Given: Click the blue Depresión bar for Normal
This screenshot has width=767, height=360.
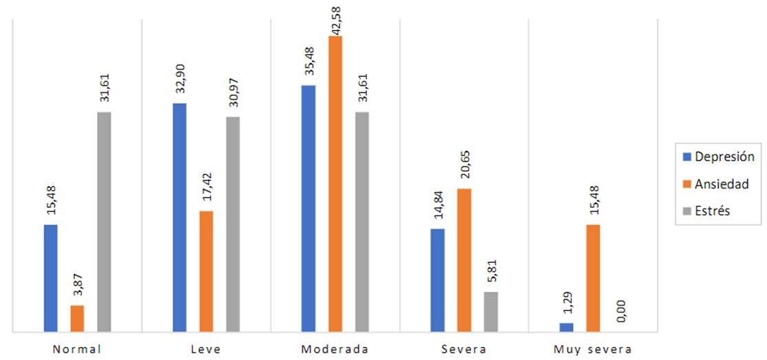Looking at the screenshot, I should tap(50, 278).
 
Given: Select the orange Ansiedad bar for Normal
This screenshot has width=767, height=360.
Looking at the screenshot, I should tap(77, 319).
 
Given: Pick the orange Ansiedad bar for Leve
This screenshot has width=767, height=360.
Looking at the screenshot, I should tap(206, 271).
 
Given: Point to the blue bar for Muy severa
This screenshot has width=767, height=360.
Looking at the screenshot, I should tap(566, 327).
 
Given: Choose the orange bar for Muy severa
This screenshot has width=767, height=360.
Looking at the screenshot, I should tap(593, 278).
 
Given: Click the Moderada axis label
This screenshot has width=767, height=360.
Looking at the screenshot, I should tap(335, 350).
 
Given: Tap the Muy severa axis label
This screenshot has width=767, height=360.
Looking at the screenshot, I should tap(593, 350).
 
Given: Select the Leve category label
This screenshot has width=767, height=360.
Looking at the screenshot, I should tap(206, 350).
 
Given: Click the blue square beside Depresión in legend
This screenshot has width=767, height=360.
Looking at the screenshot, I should tap(686, 157).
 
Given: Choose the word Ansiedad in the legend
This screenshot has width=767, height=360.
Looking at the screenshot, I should tap(723, 184).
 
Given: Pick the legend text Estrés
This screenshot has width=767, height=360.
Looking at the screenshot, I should tap(712, 211).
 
